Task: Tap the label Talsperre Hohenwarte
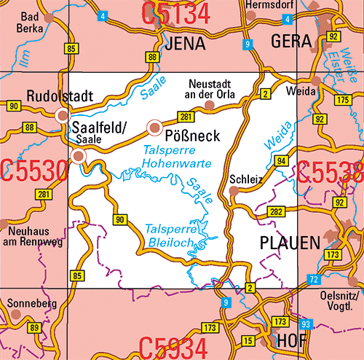[x=177, y=157]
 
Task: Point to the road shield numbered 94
[x=282, y=160]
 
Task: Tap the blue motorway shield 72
[x=313, y=280]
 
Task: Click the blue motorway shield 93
[x=306, y=323]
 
